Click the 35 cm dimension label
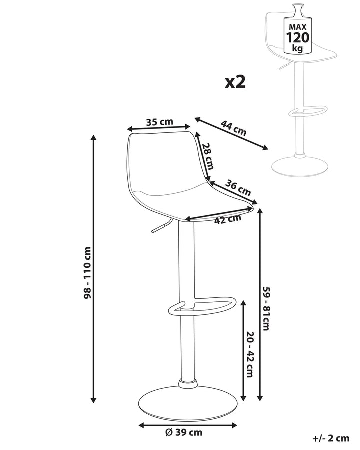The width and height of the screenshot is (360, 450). [x=160, y=122]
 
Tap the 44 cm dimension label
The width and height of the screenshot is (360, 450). [x=233, y=128]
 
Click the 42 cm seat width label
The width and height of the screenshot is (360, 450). [x=228, y=219]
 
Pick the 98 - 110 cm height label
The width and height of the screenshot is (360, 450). [x=87, y=273]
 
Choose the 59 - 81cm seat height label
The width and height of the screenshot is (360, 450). [x=266, y=308]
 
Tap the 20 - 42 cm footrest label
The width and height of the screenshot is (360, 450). [x=250, y=354]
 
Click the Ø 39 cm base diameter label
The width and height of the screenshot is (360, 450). [x=184, y=432]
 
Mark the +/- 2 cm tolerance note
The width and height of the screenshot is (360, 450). [x=331, y=438]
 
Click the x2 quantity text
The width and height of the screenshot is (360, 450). [x=235, y=82]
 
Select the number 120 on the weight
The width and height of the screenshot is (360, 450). [x=298, y=37]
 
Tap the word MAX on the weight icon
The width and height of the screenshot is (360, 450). [x=298, y=27]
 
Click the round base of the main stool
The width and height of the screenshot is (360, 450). [x=188, y=400]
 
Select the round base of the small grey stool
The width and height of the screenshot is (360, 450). [x=300, y=166]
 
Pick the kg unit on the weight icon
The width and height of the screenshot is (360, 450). [x=297, y=48]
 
